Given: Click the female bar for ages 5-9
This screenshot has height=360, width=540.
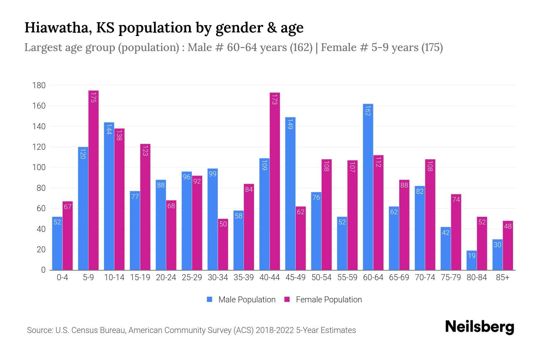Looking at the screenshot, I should click(94, 180).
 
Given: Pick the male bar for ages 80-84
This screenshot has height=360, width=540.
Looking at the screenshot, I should click(472, 260).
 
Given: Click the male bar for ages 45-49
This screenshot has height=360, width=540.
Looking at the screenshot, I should click(290, 193).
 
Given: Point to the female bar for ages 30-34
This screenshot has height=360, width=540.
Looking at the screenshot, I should click(223, 244).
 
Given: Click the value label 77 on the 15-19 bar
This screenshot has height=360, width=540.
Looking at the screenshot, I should click(135, 196).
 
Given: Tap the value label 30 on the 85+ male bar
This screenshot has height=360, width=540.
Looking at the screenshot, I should click(497, 244).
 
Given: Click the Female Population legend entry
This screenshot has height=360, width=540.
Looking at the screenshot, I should click(323, 299).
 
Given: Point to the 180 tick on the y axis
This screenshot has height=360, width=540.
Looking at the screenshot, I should click(39, 85).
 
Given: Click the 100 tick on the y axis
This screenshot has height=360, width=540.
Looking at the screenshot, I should click(39, 167).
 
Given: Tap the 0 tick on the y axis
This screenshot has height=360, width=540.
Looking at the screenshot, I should click(43, 270).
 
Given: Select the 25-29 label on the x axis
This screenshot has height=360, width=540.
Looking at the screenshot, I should click(192, 277).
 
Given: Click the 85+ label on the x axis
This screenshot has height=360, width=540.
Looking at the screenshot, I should click(502, 277).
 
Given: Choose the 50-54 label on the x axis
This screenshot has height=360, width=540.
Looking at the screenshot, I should click(321, 277).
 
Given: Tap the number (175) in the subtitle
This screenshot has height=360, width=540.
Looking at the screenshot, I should click(432, 47).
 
